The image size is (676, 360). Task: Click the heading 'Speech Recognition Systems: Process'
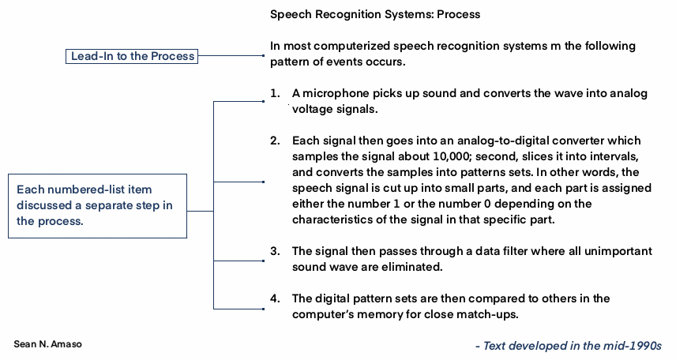(x=375, y=14)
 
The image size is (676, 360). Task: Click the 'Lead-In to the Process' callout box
(x=133, y=56)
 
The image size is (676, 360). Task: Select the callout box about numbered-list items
(x=99, y=205)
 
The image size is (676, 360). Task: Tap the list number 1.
(x=274, y=93)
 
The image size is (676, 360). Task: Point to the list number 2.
(x=274, y=141)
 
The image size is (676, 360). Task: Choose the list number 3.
(x=274, y=251)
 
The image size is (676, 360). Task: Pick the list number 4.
(x=274, y=298)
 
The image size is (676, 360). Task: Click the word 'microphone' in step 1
(x=332, y=93)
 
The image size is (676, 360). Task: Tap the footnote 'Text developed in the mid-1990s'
(x=568, y=346)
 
